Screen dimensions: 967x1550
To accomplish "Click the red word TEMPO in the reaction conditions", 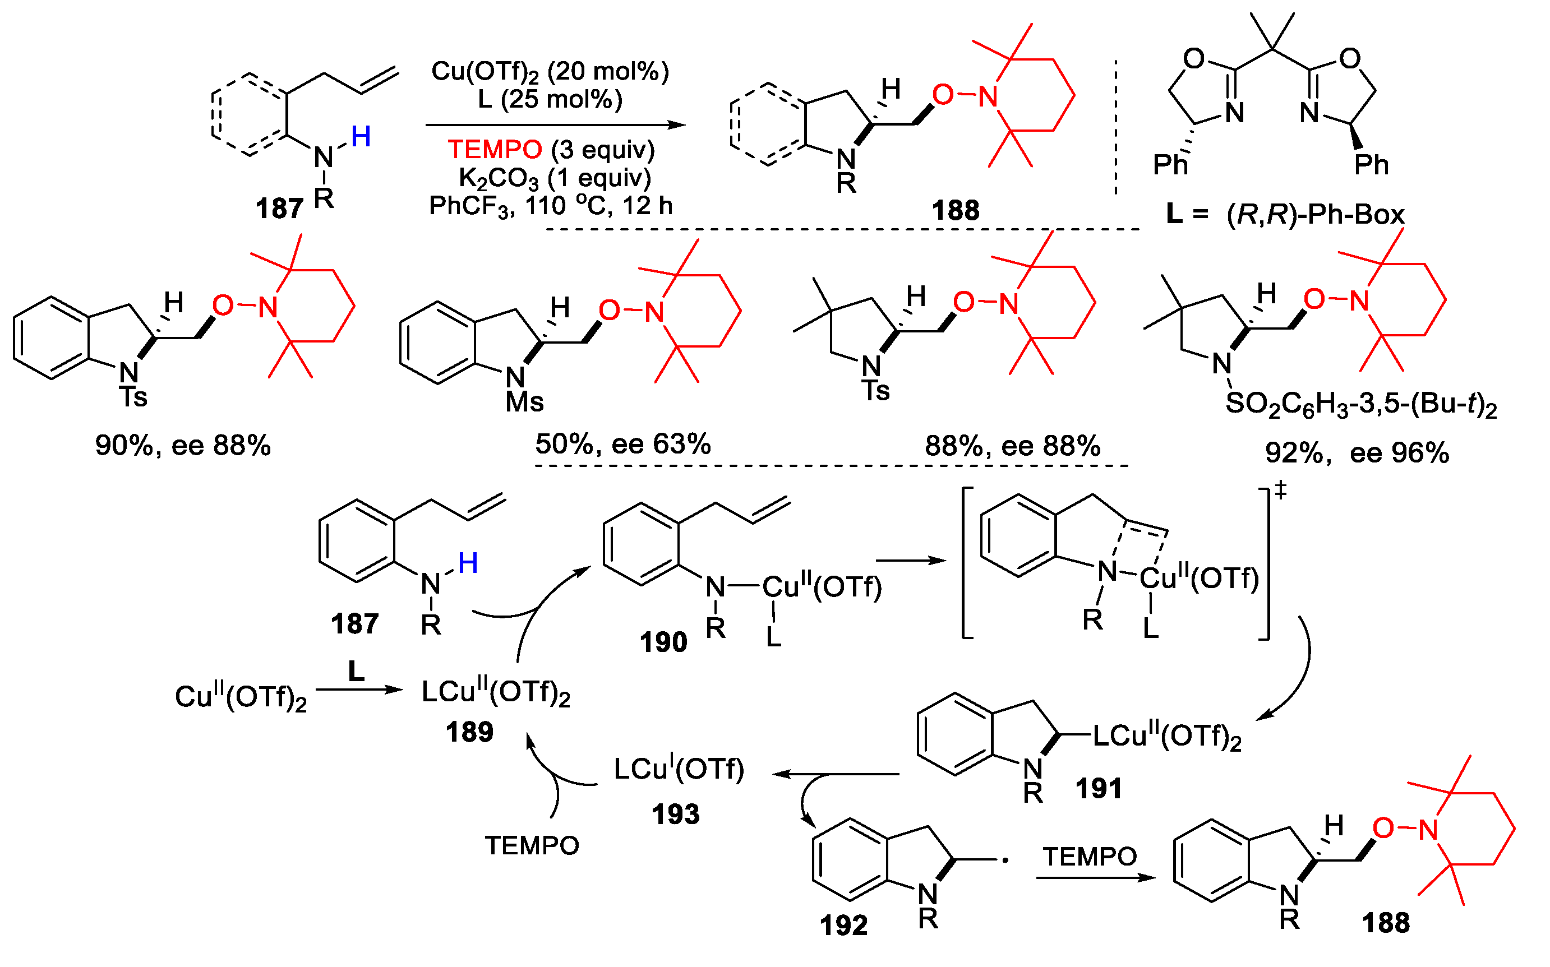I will (x=495, y=150).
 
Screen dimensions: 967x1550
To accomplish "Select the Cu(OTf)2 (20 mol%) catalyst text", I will (x=550, y=72).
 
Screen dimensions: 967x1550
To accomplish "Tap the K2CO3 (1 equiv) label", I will (x=555, y=178).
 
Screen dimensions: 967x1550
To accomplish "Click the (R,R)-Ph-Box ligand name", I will (x=1315, y=215).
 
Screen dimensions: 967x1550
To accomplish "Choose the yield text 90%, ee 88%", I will (x=183, y=446).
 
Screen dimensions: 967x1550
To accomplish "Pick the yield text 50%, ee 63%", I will (x=623, y=445).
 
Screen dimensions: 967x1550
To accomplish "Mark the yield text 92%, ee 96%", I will (x=1357, y=454).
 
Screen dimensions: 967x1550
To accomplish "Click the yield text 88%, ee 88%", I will (x=1013, y=446).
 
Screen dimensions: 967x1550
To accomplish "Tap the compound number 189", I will (x=469, y=732).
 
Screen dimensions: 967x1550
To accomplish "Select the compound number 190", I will (x=663, y=642).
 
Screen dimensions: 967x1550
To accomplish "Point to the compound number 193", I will (x=676, y=815).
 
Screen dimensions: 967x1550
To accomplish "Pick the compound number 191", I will (x=1099, y=789).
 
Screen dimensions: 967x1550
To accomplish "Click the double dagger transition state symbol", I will (x=1280, y=491).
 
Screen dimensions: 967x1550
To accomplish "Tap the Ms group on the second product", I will (x=524, y=402).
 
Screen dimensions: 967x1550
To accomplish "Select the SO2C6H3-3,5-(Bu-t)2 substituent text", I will (x=1361, y=405).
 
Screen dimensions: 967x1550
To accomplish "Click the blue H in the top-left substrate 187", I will (x=361, y=137).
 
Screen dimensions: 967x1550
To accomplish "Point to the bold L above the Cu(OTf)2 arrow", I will (x=356, y=672).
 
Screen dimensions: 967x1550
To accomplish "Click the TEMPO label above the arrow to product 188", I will (x=1090, y=857).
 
